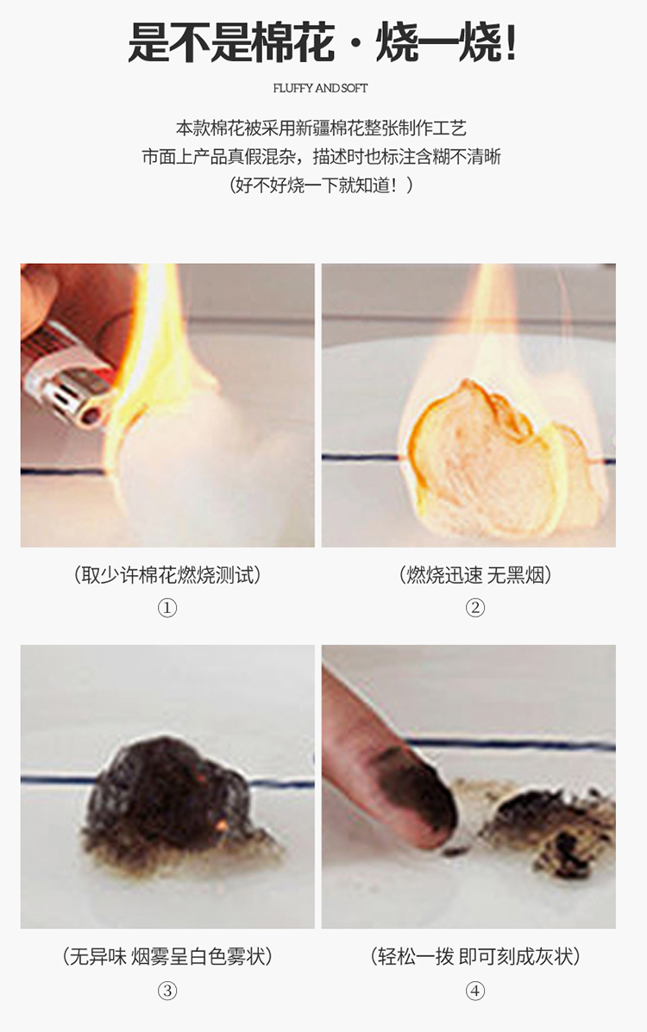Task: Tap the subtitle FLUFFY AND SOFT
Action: (x=320, y=88)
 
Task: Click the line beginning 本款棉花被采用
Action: (x=321, y=127)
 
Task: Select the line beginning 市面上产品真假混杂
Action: (x=321, y=156)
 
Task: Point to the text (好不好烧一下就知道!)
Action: (x=321, y=185)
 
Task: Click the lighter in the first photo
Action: (x=68, y=379)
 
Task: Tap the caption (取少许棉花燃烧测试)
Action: (x=167, y=574)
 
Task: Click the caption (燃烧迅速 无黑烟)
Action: (x=475, y=574)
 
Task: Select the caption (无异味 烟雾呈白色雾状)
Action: (x=167, y=955)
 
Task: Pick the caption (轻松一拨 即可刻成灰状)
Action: (x=475, y=955)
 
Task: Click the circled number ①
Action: (x=167, y=608)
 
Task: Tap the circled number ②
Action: (x=475, y=608)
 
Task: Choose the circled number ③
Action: (x=167, y=991)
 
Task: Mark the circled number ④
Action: (x=475, y=991)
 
